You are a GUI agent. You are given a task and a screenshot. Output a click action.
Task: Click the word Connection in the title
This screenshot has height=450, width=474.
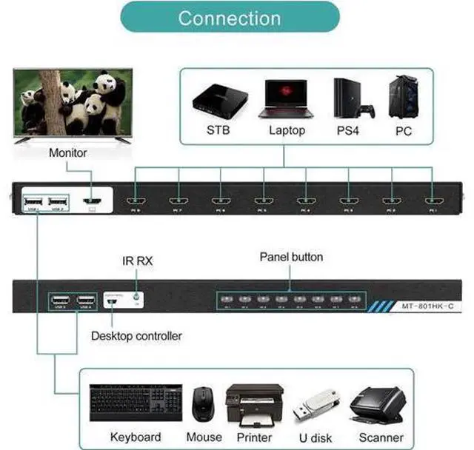[x=229, y=18]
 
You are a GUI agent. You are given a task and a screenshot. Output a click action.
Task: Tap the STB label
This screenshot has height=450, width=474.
[x=219, y=131]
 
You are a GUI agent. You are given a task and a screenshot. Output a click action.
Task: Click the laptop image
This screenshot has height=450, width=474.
[x=287, y=98]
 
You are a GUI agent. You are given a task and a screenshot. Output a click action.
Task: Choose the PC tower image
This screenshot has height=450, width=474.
[x=404, y=95]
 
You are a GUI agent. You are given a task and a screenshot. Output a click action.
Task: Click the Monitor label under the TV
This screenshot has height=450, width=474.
[x=68, y=153]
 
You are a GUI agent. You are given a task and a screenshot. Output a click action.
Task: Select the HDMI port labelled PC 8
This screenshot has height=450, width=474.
[x=136, y=201]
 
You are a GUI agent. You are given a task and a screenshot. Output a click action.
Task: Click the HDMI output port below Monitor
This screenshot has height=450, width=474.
[x=92, y=201]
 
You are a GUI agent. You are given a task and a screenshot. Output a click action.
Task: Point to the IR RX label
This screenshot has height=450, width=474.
[x=137, y=261]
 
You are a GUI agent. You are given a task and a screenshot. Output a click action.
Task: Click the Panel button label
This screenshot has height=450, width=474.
[x=291, y=258]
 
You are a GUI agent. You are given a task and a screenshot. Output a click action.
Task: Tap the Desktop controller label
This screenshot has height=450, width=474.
[x=136, y=336]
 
